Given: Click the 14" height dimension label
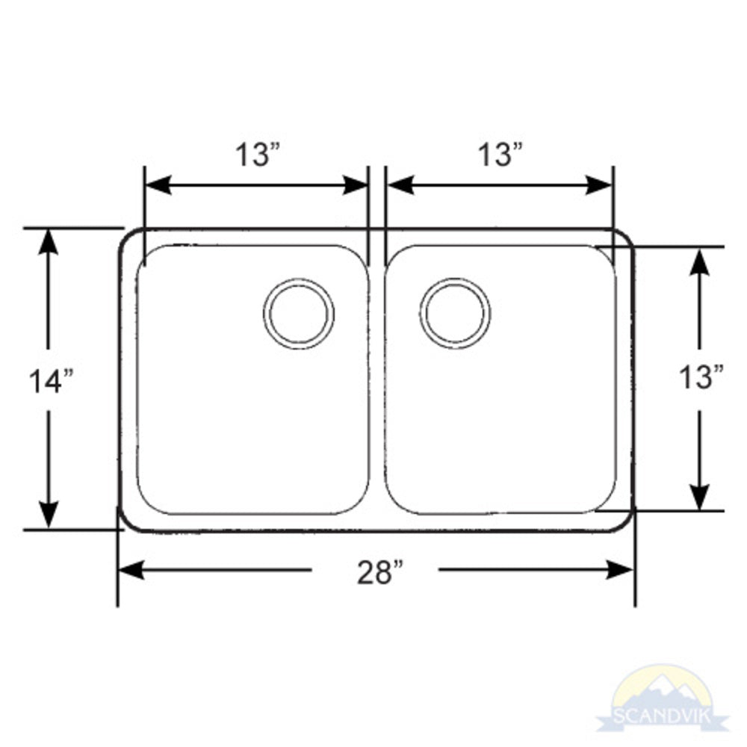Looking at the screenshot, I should (50, 381).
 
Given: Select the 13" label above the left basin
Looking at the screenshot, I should (258, 155).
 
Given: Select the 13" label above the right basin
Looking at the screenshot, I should (499, 155).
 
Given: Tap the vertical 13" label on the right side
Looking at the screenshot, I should (701, 377).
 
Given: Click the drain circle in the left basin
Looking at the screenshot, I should (299, 313).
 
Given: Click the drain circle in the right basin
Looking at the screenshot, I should (455, 313).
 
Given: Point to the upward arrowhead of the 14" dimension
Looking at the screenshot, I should (49, 241).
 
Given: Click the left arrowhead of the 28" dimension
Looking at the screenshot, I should (131, 570).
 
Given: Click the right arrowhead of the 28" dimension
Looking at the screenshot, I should (621, 570).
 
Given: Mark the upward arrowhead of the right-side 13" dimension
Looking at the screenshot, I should (699, 260).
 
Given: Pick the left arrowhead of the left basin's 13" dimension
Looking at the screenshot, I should (158, 185).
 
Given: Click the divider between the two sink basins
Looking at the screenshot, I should (376, 381).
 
